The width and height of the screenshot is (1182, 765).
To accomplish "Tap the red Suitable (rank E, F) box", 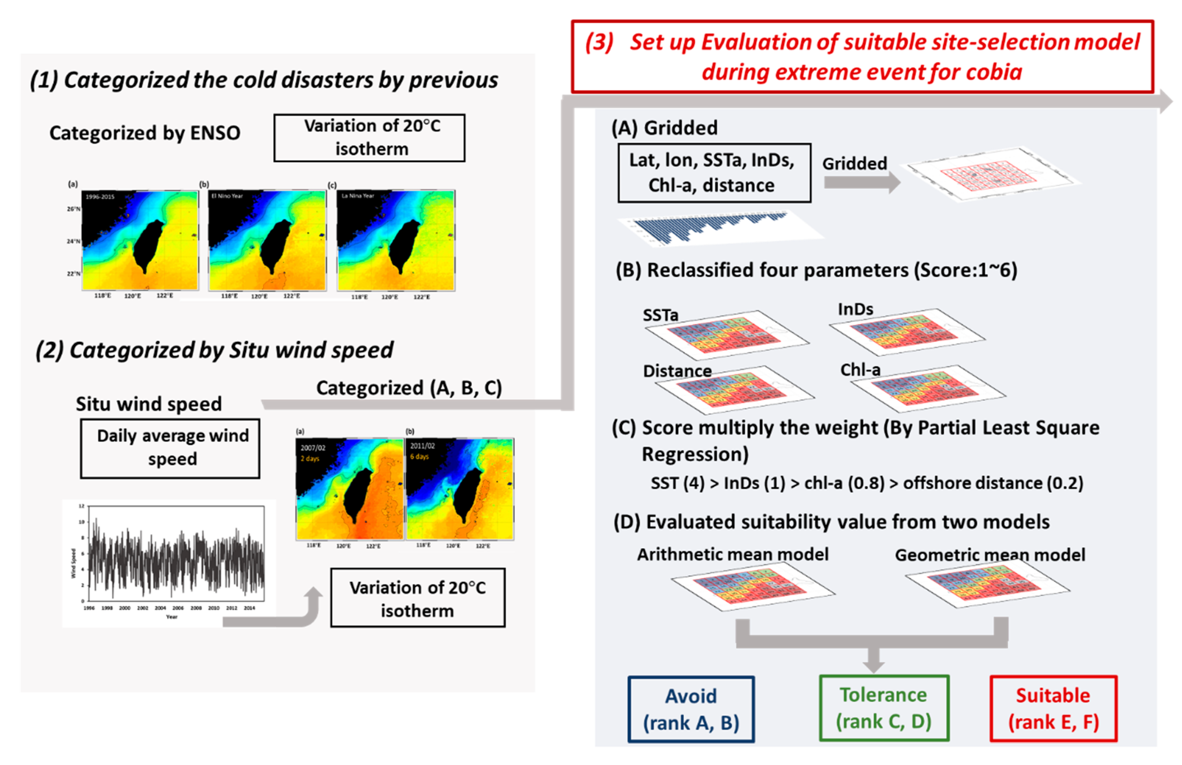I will [1053, 708].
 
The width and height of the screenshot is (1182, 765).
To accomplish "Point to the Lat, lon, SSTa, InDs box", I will [714, 173].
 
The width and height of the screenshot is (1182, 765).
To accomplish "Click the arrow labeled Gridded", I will [862, 182].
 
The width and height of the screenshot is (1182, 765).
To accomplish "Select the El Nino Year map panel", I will [267, 240].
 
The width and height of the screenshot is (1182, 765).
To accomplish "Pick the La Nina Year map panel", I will [396, 240].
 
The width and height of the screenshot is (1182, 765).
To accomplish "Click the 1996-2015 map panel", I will [140, 240].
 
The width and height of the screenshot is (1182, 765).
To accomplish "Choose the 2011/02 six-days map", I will [460, 489].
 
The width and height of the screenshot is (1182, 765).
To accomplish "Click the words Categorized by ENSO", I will [145, 133].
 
